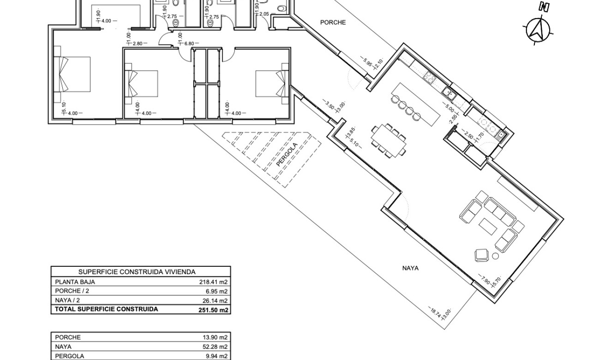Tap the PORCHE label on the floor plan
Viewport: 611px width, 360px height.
pos(333,22)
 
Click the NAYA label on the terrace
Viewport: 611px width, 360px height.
pos(410,268)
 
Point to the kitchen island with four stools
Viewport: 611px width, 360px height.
pos(415,104)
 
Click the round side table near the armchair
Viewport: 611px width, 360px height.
pos(496,256)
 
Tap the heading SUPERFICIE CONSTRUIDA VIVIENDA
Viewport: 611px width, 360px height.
pos(137,272)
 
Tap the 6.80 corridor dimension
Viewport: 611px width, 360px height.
pos(189,43)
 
